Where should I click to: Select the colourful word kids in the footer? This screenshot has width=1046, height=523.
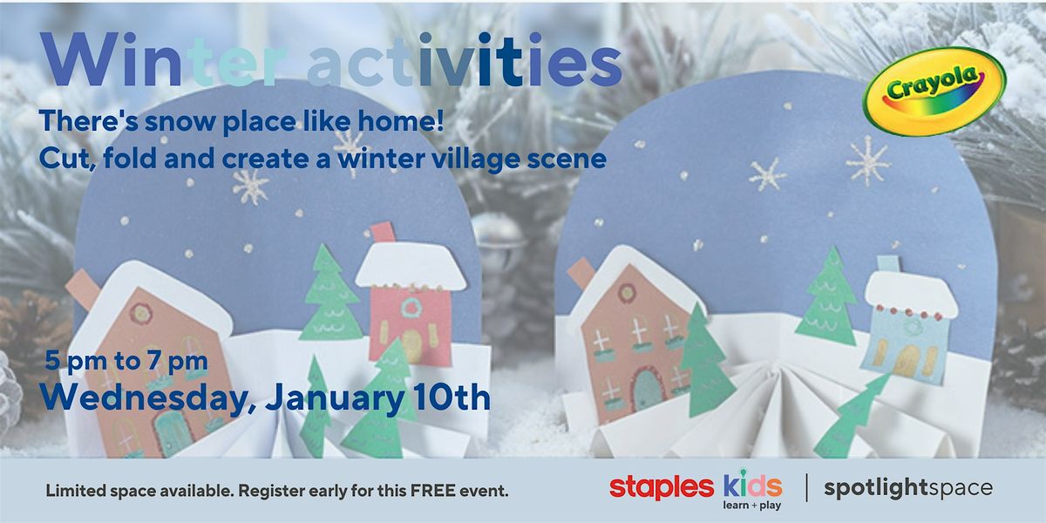(x=751, y=485)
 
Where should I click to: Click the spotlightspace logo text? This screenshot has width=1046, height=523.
(x=908, y=488)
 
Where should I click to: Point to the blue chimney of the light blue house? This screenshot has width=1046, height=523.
(x=886, y=263)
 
